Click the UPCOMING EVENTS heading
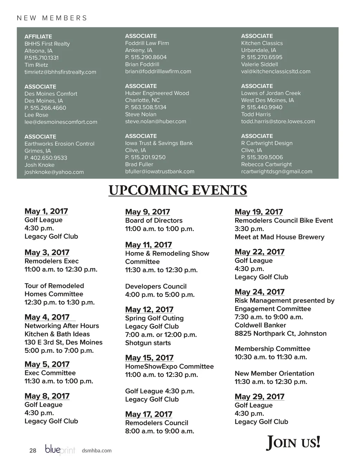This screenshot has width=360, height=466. click(x=178, y=190)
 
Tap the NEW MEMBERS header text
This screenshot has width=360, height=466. click(x=52, y=18)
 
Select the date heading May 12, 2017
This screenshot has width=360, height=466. click(x=149, y=309)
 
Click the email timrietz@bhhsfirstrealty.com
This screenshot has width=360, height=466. click(x=60, y=72)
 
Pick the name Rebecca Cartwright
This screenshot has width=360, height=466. click(x=266, y=164)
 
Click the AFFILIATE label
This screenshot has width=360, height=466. click(x=38, y=37)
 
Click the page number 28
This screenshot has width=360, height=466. click(x=33, y=451)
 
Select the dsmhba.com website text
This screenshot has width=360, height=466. click(x=96, y=451)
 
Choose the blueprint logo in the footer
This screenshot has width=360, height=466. click(x=60, y=450)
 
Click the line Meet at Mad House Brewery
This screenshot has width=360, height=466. click(x=279, y=237)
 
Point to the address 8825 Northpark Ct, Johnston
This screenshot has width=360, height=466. click(x=280, y=333)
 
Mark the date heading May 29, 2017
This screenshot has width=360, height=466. click(x=259, y=397)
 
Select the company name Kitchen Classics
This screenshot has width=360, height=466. click(x=262, y=43)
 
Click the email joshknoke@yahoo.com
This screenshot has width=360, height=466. click(x=54, y=172)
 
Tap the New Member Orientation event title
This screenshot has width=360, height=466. click(x=274, y=374)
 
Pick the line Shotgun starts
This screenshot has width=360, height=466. click(x=148, y=343)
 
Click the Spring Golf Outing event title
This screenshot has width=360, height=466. click(x=154, y=318)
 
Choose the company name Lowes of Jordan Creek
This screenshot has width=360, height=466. click(x=271, y=93)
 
